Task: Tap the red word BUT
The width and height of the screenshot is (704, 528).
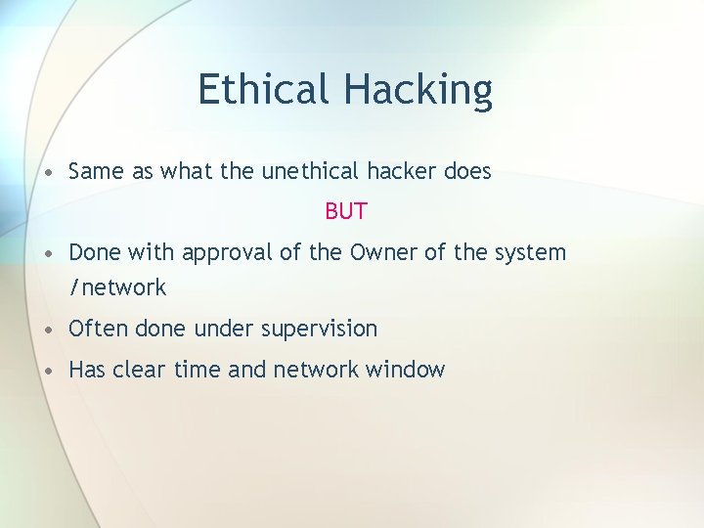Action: tap(346, 211)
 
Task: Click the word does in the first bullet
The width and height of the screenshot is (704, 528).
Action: tap(467, 171)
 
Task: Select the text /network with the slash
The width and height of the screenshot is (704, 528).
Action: tap(117, 287)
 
